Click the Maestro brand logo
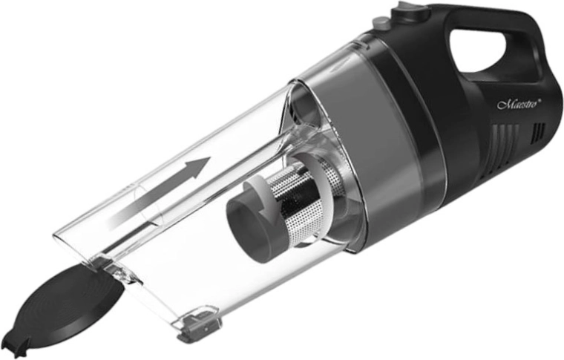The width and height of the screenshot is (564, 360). pos(519,105)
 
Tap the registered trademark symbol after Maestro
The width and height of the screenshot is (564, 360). pos(540,101)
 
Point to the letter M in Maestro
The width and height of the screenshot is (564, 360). pos(503,105)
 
